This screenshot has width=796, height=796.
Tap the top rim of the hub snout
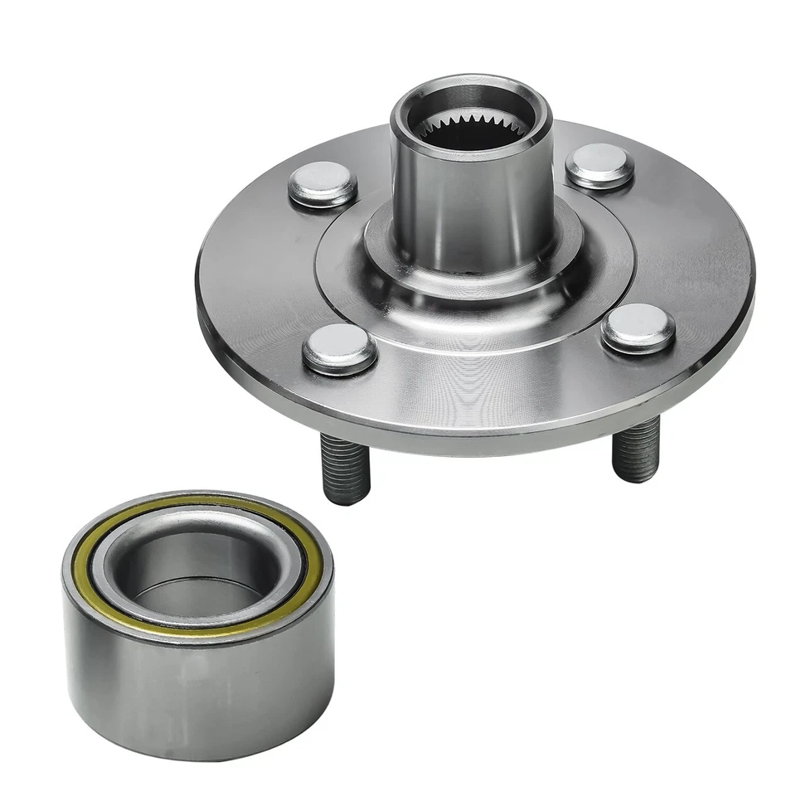click(x=471, y=85)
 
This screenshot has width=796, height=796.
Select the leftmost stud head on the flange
click(x=323, y=187)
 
